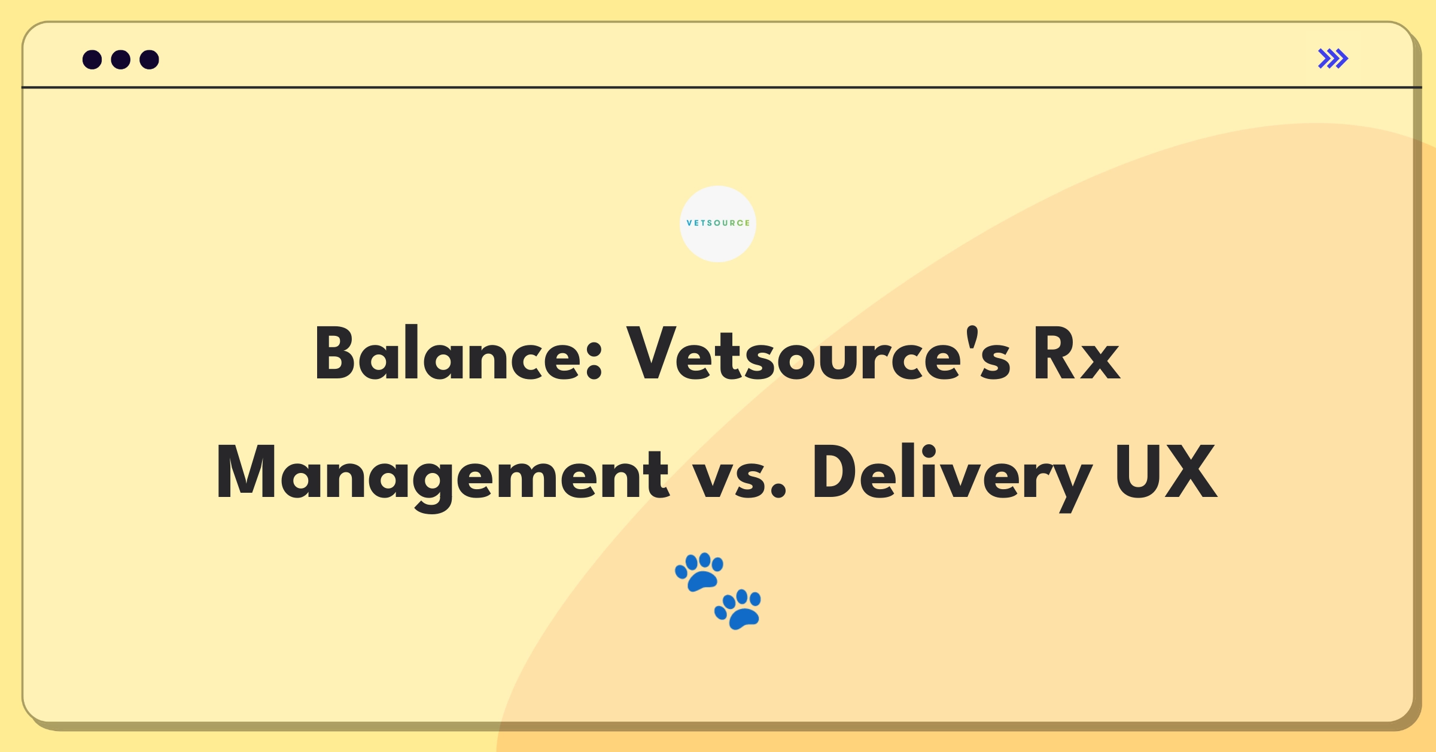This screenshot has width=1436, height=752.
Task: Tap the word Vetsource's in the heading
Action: pyautogui.click(x=819, y=353)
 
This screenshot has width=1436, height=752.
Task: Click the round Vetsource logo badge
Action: pyautogui.click(x=718, y=223)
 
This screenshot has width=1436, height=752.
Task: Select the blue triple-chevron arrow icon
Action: pyautogui.click(x=1333, y=59)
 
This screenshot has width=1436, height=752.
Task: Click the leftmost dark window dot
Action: pyautogui.click(x=92, y=59)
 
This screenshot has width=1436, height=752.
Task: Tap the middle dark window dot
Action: pyautogui.click(x=121, y=59)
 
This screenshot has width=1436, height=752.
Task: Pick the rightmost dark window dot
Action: pyautogui.click(x=150, y=59)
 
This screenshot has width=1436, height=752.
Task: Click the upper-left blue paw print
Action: pyautogui.click(x=699, y=572)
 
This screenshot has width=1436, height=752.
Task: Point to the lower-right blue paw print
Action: pyautogui.click(x=738, y=610)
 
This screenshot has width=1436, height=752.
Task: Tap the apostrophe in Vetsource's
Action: pyautogui.click(x=972, y=338)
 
